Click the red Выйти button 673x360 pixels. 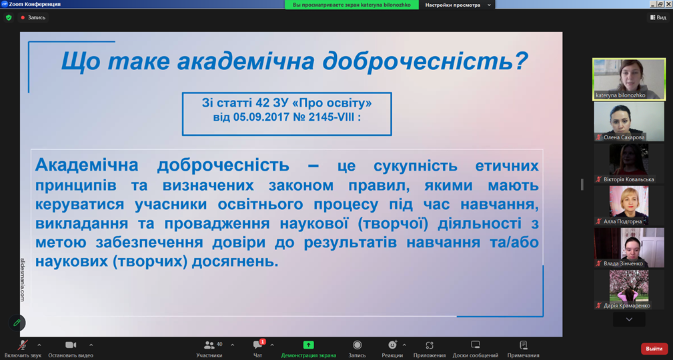click(654, 349)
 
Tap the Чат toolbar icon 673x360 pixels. click(258, 345)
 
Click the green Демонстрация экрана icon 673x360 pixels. click(308, 345)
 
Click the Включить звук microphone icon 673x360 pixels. click(23, 345)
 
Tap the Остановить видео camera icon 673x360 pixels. click(71, 345)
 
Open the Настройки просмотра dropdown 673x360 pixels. click(457, 5)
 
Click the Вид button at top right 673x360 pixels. click(658, 17)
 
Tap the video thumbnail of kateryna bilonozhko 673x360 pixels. click(629, 79)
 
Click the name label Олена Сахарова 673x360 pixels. click(624, 137)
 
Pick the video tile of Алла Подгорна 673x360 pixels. click(629, 205)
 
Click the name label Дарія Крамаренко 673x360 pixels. click(627, 305)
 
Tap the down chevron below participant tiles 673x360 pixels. click(629, 319)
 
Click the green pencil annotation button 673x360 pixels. click(17, 323)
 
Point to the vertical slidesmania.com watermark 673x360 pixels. click(23, 279)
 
